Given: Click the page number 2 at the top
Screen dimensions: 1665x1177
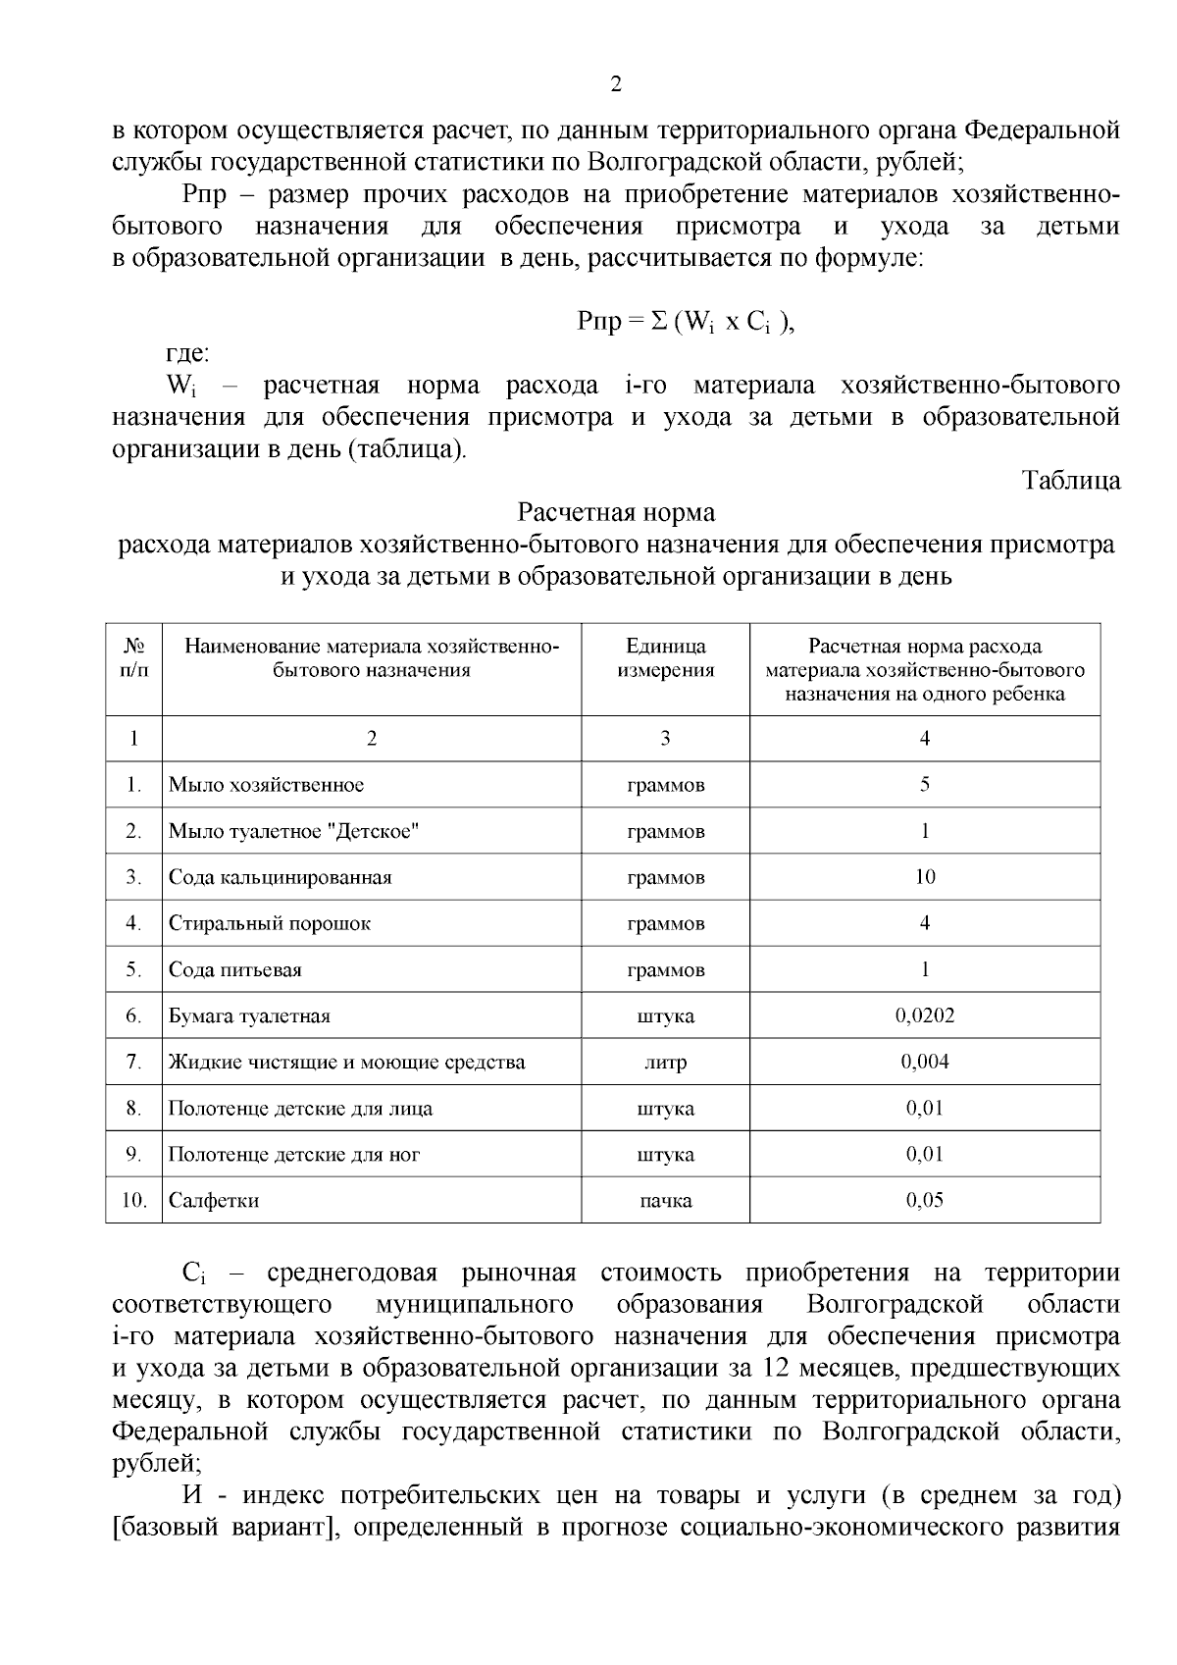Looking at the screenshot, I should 616,85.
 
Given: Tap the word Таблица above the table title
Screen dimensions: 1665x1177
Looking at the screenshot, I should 1071,481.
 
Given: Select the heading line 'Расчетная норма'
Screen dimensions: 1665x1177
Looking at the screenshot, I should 616,512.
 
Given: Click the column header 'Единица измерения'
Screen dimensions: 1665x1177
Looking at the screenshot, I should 665,658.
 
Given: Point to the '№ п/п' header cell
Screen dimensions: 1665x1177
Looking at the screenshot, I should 134,658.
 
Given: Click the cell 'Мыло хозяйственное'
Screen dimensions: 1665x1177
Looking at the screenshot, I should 266,785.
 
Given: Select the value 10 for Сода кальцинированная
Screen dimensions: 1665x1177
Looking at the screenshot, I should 924,877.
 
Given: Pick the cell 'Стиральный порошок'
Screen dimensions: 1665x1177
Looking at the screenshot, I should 270,923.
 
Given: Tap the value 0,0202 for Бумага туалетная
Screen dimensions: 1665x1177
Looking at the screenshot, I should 924,1015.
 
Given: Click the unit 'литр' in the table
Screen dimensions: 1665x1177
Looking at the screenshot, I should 665,1063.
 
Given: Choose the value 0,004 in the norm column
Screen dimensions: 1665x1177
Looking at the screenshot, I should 924,1062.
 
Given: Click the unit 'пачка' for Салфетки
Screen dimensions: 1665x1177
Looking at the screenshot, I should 665,1201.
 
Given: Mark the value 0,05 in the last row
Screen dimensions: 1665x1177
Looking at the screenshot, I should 924,1200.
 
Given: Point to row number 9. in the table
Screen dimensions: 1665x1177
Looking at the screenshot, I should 134,1155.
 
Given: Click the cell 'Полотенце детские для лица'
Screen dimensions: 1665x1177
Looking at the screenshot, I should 300,1109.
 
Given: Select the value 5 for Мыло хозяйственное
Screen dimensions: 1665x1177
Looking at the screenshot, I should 924,785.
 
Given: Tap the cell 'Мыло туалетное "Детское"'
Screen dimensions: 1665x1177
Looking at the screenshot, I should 293,831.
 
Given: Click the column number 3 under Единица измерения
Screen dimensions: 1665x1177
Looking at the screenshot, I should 665,739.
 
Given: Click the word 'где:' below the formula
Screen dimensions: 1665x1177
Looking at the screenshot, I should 185,353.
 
